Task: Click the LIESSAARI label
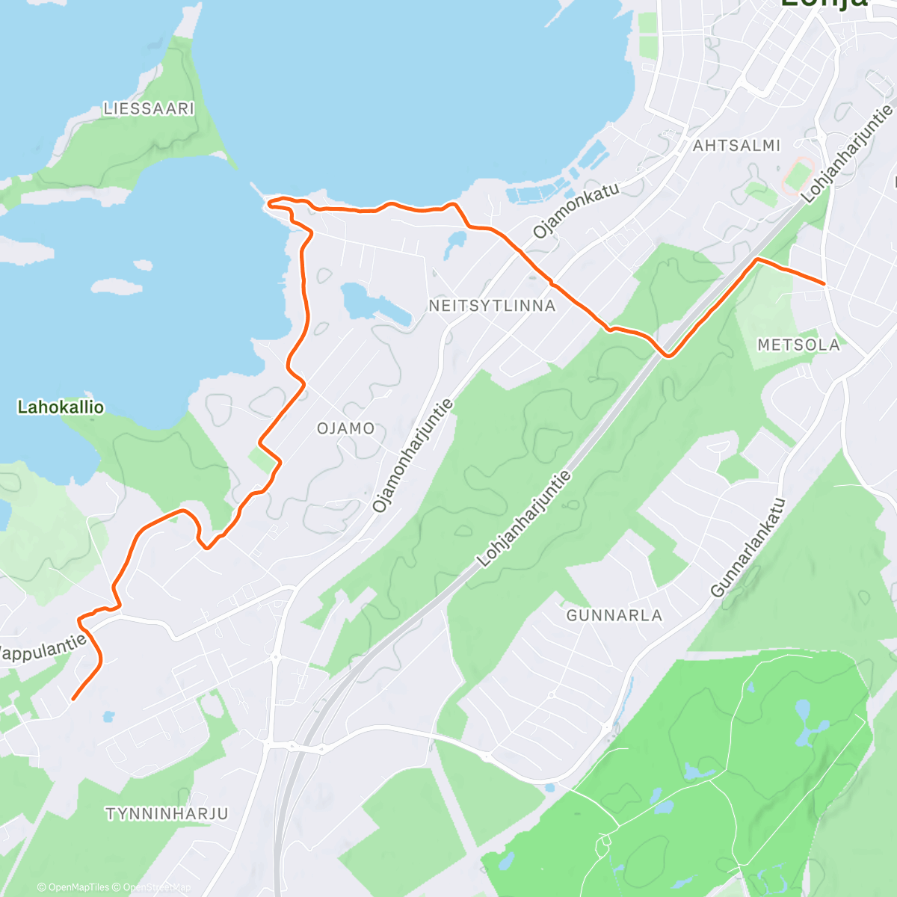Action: tap(149, 109)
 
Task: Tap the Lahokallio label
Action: tap(61, 407)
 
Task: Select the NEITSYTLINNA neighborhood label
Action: tap(493, 306)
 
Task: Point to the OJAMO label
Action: tap(345, 428)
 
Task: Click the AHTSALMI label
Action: tap(736, 146)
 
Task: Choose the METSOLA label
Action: tap(798, 345)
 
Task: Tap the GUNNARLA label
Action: tap(614, 616)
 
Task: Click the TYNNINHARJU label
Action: tap(167, 814)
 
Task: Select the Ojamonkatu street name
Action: tap(576, 210)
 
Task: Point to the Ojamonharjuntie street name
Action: tap(413, 455)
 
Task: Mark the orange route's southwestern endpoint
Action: tap(73, 700)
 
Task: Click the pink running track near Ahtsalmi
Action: tap(798, 174)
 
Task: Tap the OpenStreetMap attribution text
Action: tap(156, 887)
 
